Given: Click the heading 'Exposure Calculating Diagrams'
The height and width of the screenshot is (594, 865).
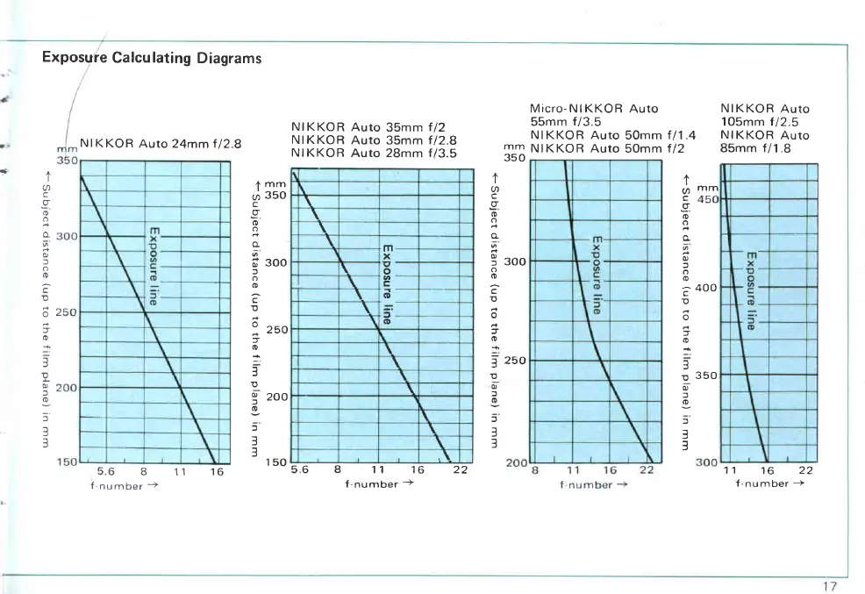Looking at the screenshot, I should [x=152, y=59].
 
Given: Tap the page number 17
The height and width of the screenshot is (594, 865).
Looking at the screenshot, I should [x=831, y=586].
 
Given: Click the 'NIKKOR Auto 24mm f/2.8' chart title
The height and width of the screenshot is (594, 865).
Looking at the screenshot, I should [x=160, y=144].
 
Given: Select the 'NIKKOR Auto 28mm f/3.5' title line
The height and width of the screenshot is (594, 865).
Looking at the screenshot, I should [x=374, y=152].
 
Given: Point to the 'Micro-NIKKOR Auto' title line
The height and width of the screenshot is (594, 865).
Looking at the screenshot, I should [x=594, y=109].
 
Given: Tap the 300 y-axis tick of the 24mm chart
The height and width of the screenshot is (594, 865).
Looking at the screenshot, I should [x=67, y=236].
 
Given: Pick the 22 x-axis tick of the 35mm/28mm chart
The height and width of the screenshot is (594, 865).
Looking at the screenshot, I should [x=460, y=470].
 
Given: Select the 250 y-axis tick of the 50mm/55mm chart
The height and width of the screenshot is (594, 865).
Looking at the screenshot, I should [x=517, y=361].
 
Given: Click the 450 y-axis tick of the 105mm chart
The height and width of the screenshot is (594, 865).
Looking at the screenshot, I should [x=708, y=199].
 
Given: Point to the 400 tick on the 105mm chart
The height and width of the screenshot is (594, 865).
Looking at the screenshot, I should [x=706, y=288].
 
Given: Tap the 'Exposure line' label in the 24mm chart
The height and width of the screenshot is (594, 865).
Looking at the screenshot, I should [x=153, y=265].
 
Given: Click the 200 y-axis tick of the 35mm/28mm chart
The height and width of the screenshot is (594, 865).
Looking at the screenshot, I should [x=276, y=397].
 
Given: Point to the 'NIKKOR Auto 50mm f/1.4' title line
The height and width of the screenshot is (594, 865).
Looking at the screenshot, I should [x=612, y=135].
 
